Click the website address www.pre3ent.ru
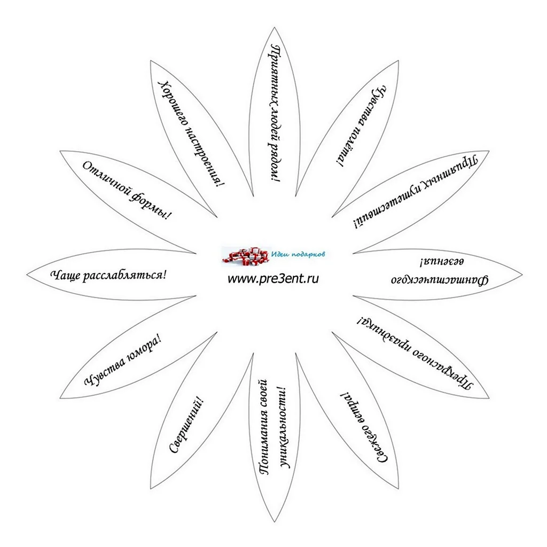(273, 279)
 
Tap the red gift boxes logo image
(246, 256)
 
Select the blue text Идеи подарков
(298, 254)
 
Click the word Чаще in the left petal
(66, 275)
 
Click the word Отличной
(105, 182)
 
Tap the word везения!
(442, 262)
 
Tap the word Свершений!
(186, 425)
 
